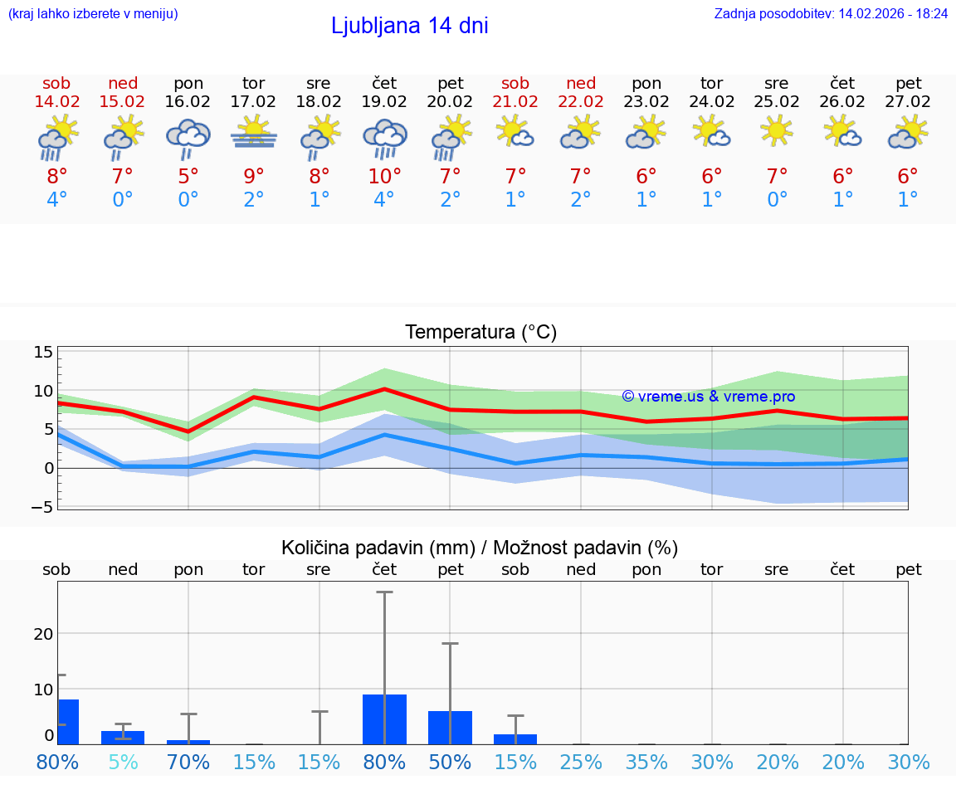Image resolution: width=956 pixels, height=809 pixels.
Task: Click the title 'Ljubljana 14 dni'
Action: point(409,26)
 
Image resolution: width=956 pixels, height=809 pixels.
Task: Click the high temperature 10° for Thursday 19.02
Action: point(384,177)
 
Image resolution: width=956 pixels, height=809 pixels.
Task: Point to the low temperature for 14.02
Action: point(56,200)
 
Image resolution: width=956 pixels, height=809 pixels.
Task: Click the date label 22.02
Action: point(581,102)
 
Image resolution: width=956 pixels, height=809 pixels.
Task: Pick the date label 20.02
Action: point(451,102)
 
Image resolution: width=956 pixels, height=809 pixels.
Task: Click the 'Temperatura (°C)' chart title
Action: point(480,333)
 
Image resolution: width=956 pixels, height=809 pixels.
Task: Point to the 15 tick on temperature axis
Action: point(43,352)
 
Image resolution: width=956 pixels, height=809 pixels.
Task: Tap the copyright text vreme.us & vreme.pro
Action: point(708,397)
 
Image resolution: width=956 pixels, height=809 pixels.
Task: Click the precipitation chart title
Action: point(480,548)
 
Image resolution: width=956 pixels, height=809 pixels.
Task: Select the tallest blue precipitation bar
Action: point(384,719)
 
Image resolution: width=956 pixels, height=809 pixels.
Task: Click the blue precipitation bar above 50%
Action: point(450,728)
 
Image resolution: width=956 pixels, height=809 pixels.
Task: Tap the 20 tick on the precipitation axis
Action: point(43,634)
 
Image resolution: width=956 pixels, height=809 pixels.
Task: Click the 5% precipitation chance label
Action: point(123,762)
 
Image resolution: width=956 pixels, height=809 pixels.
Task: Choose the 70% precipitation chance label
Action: point(188,762)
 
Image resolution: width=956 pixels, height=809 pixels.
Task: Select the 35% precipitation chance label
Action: point(646,762)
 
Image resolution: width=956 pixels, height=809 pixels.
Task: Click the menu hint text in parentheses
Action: point(93,13)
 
